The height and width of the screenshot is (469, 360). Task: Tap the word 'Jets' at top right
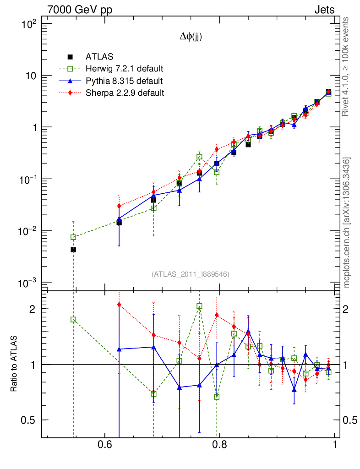pos(324,10)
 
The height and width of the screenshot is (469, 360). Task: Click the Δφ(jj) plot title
pos(191,37)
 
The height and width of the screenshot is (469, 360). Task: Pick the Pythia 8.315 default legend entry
pos(124,81)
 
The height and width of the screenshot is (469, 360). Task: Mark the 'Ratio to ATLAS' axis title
pos(14,365)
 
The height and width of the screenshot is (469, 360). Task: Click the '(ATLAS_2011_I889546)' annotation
pos(191,274)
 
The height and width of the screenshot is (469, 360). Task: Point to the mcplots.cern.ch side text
pos(347,223)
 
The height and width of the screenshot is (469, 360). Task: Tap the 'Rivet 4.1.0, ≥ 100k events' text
pos(347,67)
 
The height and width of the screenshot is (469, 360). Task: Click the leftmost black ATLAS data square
pos(73,250)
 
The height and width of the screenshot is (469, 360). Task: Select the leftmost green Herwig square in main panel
pos(73,237)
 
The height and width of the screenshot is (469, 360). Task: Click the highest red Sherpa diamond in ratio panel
pos(119,304)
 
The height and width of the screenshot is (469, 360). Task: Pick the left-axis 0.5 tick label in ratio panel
pos(30,420)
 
